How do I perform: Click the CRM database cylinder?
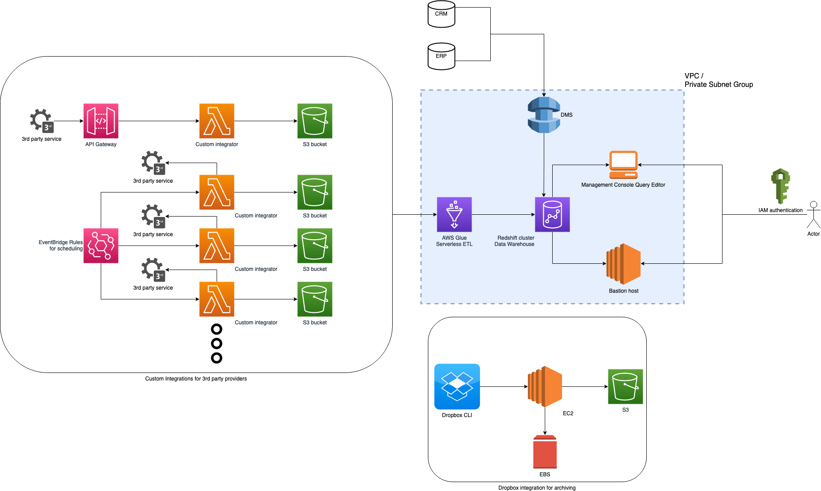coord(441,14)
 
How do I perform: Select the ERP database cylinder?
coord(441,57)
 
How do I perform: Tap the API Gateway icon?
coord(101,121)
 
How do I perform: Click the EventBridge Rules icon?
coord(101,245)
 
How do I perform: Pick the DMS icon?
coord(544,115)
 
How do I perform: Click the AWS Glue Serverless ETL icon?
coord(454,214)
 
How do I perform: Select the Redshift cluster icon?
coord(552,214)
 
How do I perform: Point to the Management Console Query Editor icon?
coord(623,165)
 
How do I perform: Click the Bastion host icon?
coord(623,264)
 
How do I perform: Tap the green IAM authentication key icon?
coord(780,186)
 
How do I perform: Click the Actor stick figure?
coord(813,215)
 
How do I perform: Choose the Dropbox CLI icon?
coord(457,386)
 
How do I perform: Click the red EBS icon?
coord(545,452)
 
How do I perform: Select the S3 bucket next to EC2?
coord(625,386)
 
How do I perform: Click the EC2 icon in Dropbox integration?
coord(545,386)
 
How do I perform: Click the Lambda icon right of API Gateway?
coord(217,121)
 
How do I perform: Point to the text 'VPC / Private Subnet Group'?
coord(718,80)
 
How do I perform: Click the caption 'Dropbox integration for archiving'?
coord(537,488)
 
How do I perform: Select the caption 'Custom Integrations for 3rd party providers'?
coord(196,379)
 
